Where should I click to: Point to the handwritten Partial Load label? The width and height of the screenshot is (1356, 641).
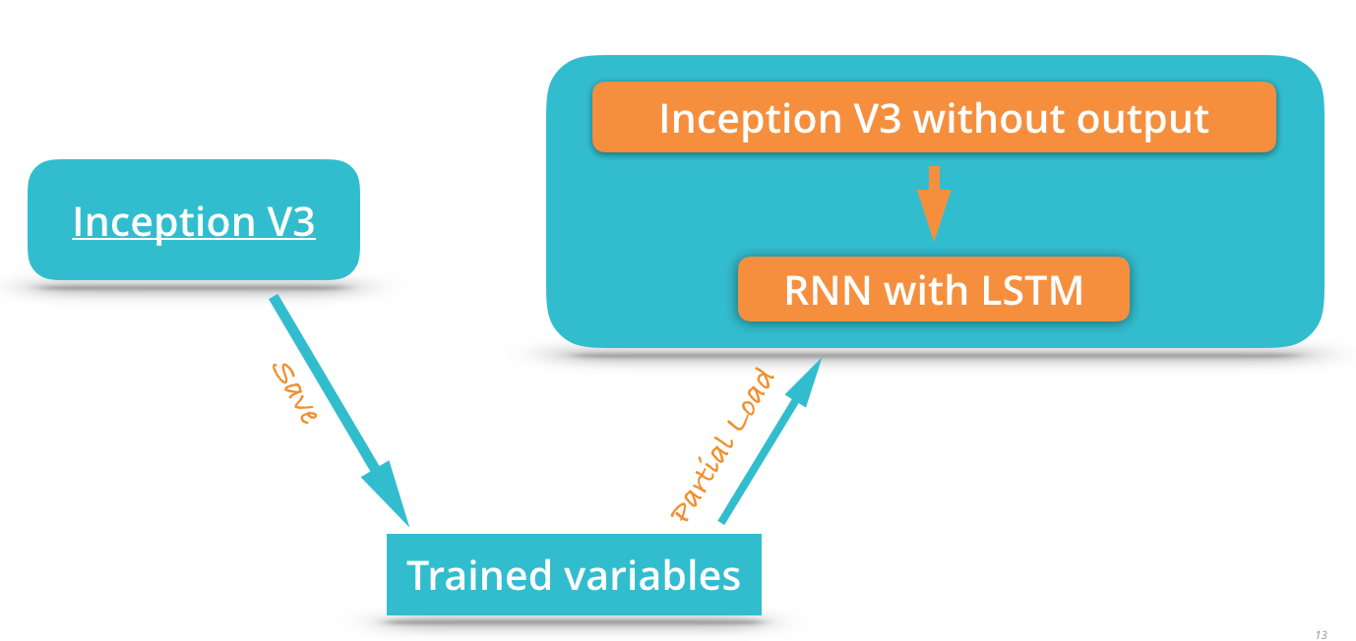point(723,444)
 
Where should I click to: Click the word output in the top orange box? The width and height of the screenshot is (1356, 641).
point(1143,119)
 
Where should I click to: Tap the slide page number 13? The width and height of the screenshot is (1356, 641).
point(1321,634)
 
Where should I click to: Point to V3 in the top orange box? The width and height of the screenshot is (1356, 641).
point(877,119)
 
